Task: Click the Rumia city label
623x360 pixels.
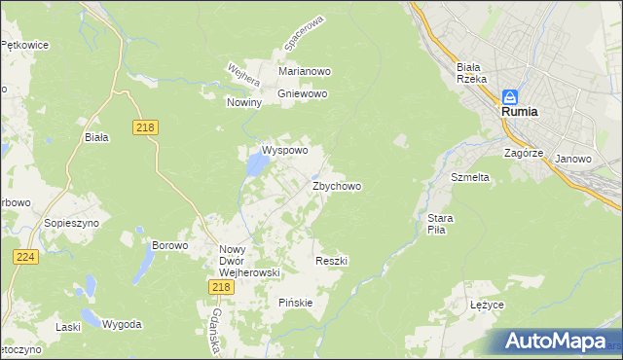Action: (520, 112)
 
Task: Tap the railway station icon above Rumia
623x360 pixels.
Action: (511, 96)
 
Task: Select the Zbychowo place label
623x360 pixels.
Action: (337, 186)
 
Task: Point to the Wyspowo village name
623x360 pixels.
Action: (284, 151)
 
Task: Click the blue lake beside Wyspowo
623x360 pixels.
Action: (256, 166)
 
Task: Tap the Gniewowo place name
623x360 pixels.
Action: (303, 94)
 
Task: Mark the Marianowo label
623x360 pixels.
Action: (306, 71)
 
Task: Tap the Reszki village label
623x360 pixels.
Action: (332, 261)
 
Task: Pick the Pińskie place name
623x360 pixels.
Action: (296, 303)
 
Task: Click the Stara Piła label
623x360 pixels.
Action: (434, 224)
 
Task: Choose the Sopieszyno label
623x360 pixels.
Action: (67, 223)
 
